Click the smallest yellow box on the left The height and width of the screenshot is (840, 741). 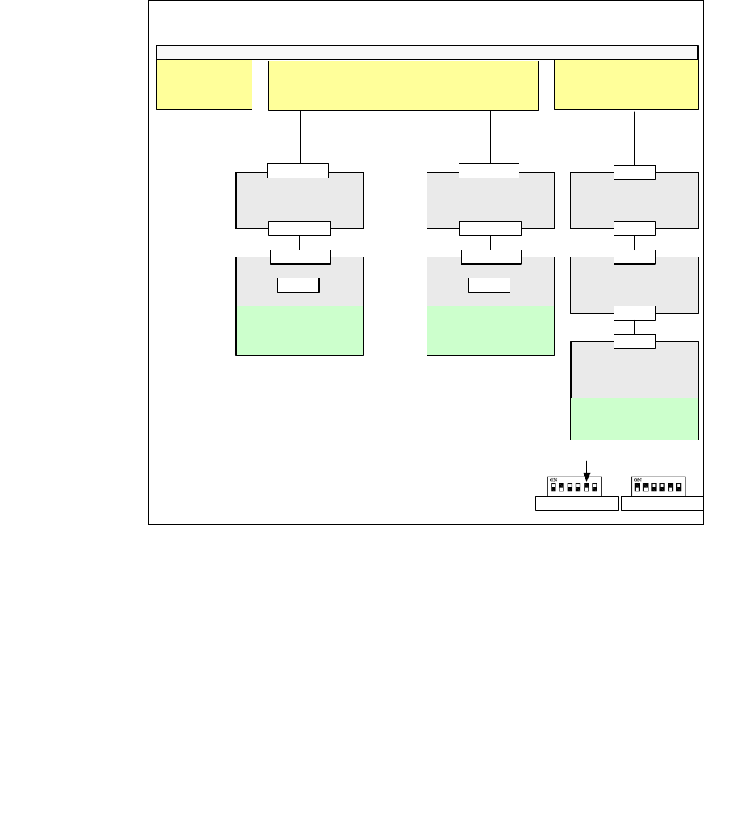tap(204, 85)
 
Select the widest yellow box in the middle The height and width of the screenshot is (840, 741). tap(403, 86)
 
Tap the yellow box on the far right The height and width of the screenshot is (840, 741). tap(626, 85)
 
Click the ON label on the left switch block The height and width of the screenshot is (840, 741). tap(553, 480)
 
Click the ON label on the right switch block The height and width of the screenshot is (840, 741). tap(638, 480)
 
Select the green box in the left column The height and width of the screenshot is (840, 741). tap(299, 331)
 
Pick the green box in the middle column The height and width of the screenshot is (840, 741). tap(490, 331)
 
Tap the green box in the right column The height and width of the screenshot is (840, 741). tap(634, 419)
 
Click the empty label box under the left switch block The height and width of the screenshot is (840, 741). tap(576, 504)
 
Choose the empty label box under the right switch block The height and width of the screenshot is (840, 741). tap(662, 504)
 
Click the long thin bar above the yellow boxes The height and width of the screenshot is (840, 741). tap(427, 52)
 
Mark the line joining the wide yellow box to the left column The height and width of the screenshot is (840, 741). tap(300, 137)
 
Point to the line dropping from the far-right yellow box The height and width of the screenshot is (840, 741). tap(634, 138)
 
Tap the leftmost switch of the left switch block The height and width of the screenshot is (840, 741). tap(553, 487)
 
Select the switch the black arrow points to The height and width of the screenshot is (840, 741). tap(587, 487)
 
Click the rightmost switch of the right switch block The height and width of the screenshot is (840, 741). tap(679, 487)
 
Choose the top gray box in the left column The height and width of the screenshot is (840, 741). tap(299, 200)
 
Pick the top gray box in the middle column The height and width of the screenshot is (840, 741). tap(490, 200)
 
